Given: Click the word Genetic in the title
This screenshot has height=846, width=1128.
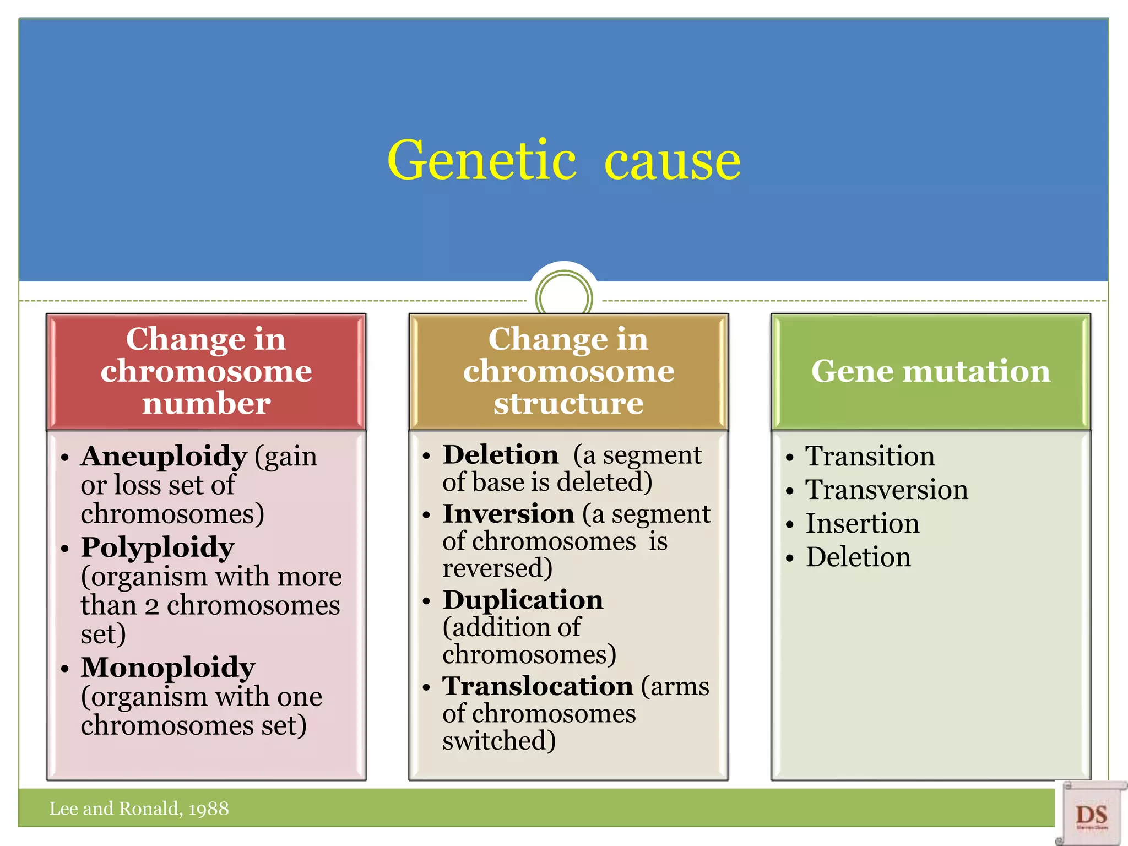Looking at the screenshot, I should tap(481, 160).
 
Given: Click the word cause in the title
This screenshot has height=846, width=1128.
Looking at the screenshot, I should tap(673, 161).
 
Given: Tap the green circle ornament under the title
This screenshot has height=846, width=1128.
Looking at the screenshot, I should tap(563, 298).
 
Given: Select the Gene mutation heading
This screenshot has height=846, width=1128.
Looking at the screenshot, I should tap(930, 371).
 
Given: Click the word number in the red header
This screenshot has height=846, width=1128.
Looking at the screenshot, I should tap(206, 404).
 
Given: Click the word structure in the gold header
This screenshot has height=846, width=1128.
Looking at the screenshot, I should tap(568, 404).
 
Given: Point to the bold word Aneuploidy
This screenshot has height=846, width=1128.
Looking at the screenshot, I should tap(164, 456).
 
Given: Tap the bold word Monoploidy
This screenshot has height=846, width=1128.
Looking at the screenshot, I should tap(168, 667).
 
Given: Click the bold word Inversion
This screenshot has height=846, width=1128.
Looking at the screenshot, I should tap(508, 514).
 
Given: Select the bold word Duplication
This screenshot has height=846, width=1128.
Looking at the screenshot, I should tap(523, 600).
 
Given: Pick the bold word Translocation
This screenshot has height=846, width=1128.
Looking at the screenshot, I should tap(538, 686).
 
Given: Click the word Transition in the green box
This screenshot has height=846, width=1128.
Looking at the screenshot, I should tap(870, 456).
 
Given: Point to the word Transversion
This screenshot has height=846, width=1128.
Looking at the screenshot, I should tap(886, 490).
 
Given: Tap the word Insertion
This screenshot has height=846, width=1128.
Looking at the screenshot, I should tap(862, 523).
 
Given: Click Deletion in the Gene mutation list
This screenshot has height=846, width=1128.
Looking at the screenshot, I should tap(858, 557).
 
